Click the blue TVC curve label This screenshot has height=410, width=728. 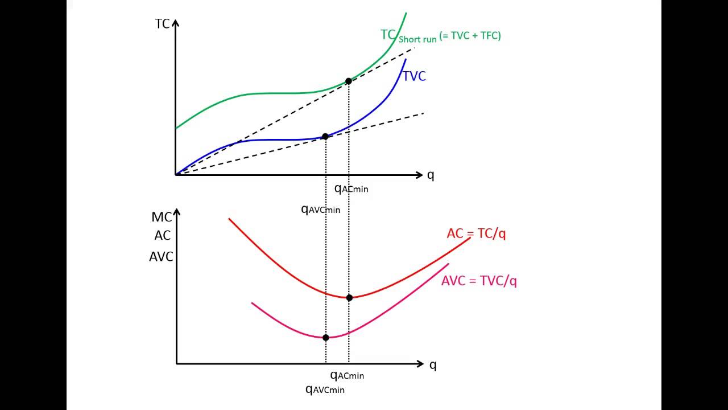coord(414,76)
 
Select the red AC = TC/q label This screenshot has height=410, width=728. coord(476,233)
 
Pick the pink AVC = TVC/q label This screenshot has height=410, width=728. coord(479,281)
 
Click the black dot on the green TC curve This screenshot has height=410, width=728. coord(349,81)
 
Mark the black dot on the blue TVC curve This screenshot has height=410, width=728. coord(325,137)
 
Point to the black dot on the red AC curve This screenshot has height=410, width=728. coord(349,297)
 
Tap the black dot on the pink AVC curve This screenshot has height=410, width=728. coord(326,338)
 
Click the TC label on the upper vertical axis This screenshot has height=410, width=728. coord(162,24)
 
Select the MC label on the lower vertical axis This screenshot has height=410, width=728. coord(162,217)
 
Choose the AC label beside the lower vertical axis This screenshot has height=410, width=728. coord(162,236)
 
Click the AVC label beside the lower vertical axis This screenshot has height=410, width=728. coord(161,257)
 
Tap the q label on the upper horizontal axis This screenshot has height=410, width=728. coord(431,175)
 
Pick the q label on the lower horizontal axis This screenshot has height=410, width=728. coord(433,364)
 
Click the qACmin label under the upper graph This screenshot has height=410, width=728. coord(351,188)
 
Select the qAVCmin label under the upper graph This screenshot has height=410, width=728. coord(320,209)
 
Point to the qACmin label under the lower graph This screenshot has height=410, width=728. coord(347,375)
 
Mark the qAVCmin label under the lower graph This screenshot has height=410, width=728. coord(325,389)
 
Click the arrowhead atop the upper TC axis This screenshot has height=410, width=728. coord(176,23)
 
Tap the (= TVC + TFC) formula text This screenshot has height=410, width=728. coord(470,36)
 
